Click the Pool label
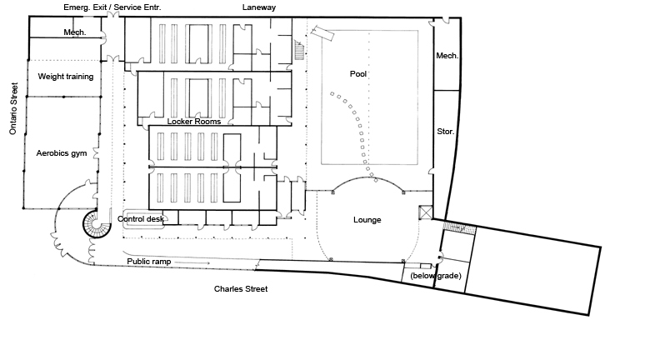pos(358,73)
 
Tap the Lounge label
pos(367,220)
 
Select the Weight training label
pos(66,77)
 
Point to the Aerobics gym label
pos(62,153)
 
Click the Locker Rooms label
pos(194,122)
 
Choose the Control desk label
pos(141,219)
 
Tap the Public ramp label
pos(149,262)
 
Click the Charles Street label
pos(241,289)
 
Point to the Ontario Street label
pos(13,108)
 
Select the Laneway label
pos(259,7)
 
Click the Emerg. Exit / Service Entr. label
pos(112,7)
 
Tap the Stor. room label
pos(445,132)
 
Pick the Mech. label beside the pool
pos(447,56)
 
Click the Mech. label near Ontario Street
pos(75,32)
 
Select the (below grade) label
pos(436,276)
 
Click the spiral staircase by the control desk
pos(97,225)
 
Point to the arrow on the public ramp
pos(192,263)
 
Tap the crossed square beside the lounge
pos(426,212)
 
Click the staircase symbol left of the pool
pos(299,50)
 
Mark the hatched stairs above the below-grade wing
pos(459,228)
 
